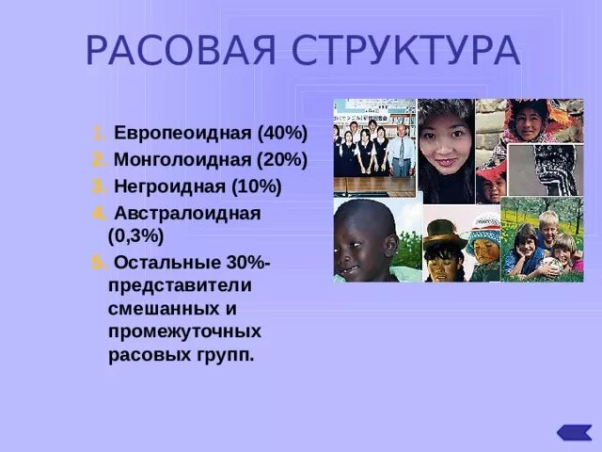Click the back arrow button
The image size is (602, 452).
(573, 432)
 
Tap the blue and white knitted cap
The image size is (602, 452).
(485, 225)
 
